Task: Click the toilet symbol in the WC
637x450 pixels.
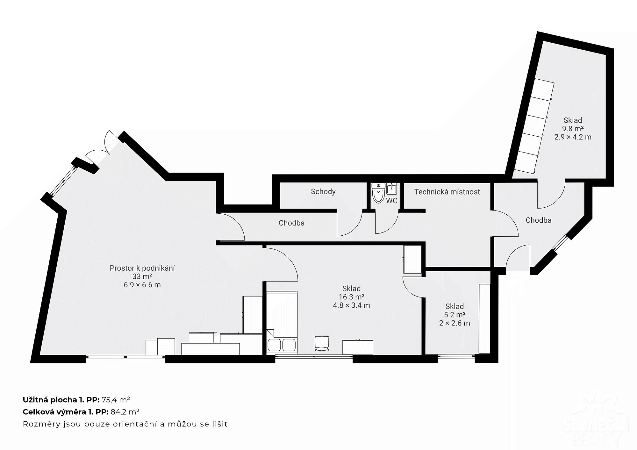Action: (378, 193)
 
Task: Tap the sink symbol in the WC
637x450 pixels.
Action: (391, 189)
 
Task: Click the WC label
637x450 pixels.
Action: (392, 201)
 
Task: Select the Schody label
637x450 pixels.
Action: (323, 192)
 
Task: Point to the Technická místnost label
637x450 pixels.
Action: (447, 192)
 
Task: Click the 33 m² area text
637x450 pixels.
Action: (142, 276)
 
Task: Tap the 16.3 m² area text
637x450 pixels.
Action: (352, 297)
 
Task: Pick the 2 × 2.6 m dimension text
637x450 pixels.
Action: (454, 323)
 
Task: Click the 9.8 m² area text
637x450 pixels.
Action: (573, 129)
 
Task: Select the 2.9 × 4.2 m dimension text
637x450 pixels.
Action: (573, 137)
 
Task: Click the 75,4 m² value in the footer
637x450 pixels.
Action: (116, 400)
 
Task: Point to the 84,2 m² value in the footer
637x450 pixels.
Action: (125, 412)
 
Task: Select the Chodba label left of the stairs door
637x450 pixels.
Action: (292, 223)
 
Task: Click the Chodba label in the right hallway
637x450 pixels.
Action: (539, 220)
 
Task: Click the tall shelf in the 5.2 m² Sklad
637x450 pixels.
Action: (484, 318)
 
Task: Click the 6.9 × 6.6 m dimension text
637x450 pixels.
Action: (142, 285)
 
